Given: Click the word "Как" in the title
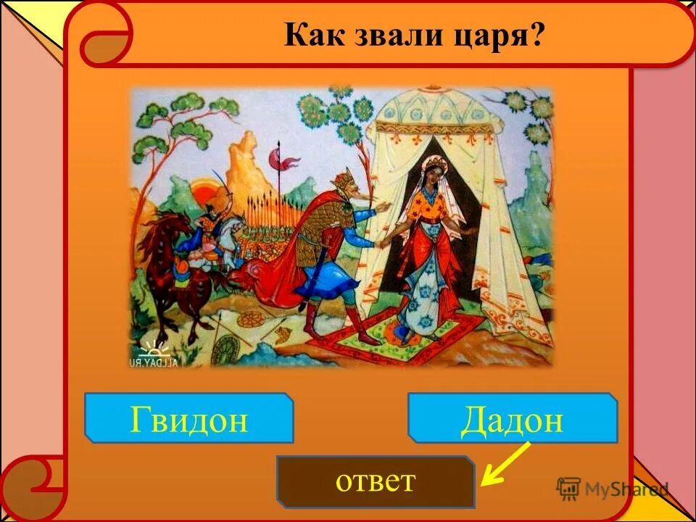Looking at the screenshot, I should pos(307,34).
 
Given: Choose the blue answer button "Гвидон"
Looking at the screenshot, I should pos(189,418).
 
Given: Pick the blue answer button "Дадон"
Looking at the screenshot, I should pos(512,418).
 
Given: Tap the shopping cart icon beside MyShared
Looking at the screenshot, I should pos(569,488).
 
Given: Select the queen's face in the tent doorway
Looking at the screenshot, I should pos(420,176).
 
